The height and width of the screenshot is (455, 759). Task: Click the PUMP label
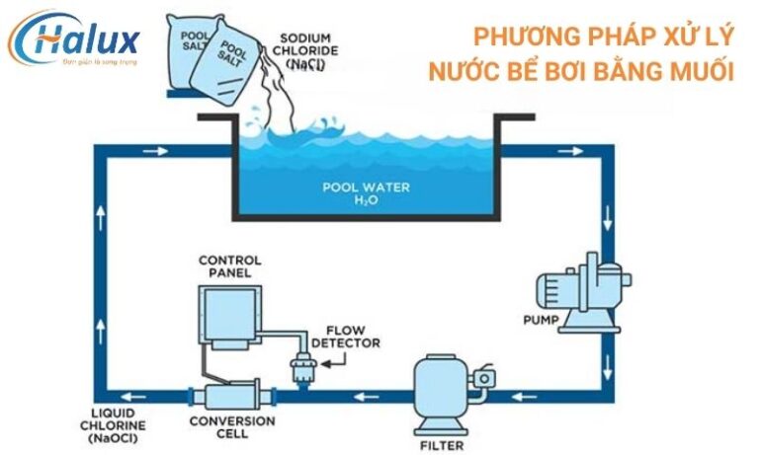click(542, 320)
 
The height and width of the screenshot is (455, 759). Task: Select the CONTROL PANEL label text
click(229, 266)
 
